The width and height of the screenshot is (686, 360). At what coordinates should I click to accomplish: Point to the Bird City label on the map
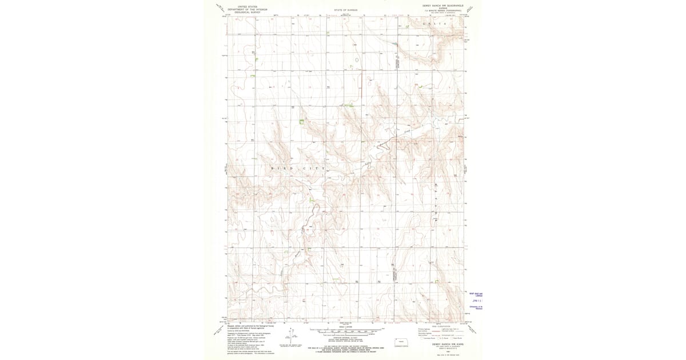point(297,169)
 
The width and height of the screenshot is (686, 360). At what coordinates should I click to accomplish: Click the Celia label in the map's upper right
point(433,24)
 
